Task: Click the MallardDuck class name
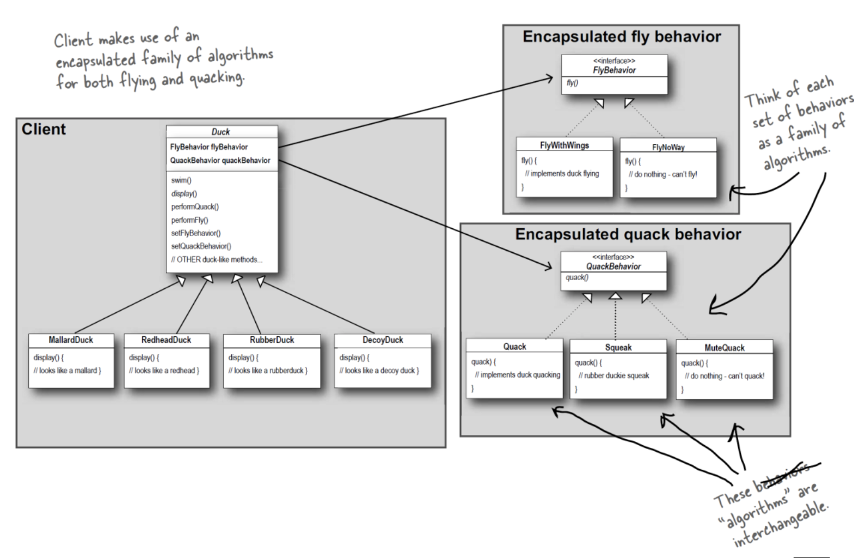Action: [x=71, y=340]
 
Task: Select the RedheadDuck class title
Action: [x=166, y=340]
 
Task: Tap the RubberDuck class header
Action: [x=272, y=340]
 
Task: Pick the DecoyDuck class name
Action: [x=383, y=340]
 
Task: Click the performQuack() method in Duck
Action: [x=195, y=207]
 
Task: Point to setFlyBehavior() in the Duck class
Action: [x=196, y=233]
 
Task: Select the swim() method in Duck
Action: [x=181, y=180]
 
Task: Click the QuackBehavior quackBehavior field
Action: [x=220, y=160]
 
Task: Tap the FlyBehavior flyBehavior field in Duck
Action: [x=209, y=147]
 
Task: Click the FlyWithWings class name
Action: [x=565, y=145]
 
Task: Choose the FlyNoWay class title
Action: [x=668, y=147]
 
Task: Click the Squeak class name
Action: [x=618, y=347]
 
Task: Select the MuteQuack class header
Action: [x=725, y=348]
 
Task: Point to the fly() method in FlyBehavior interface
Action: [x=572, y=83]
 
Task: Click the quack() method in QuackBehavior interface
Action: [x=577, y=277]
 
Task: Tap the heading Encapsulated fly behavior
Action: [x=622, y=37]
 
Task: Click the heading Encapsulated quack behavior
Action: [x=628, y=234]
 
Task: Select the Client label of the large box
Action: [x=44, y=129]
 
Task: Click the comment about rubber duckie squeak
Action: [x=613, y=375]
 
